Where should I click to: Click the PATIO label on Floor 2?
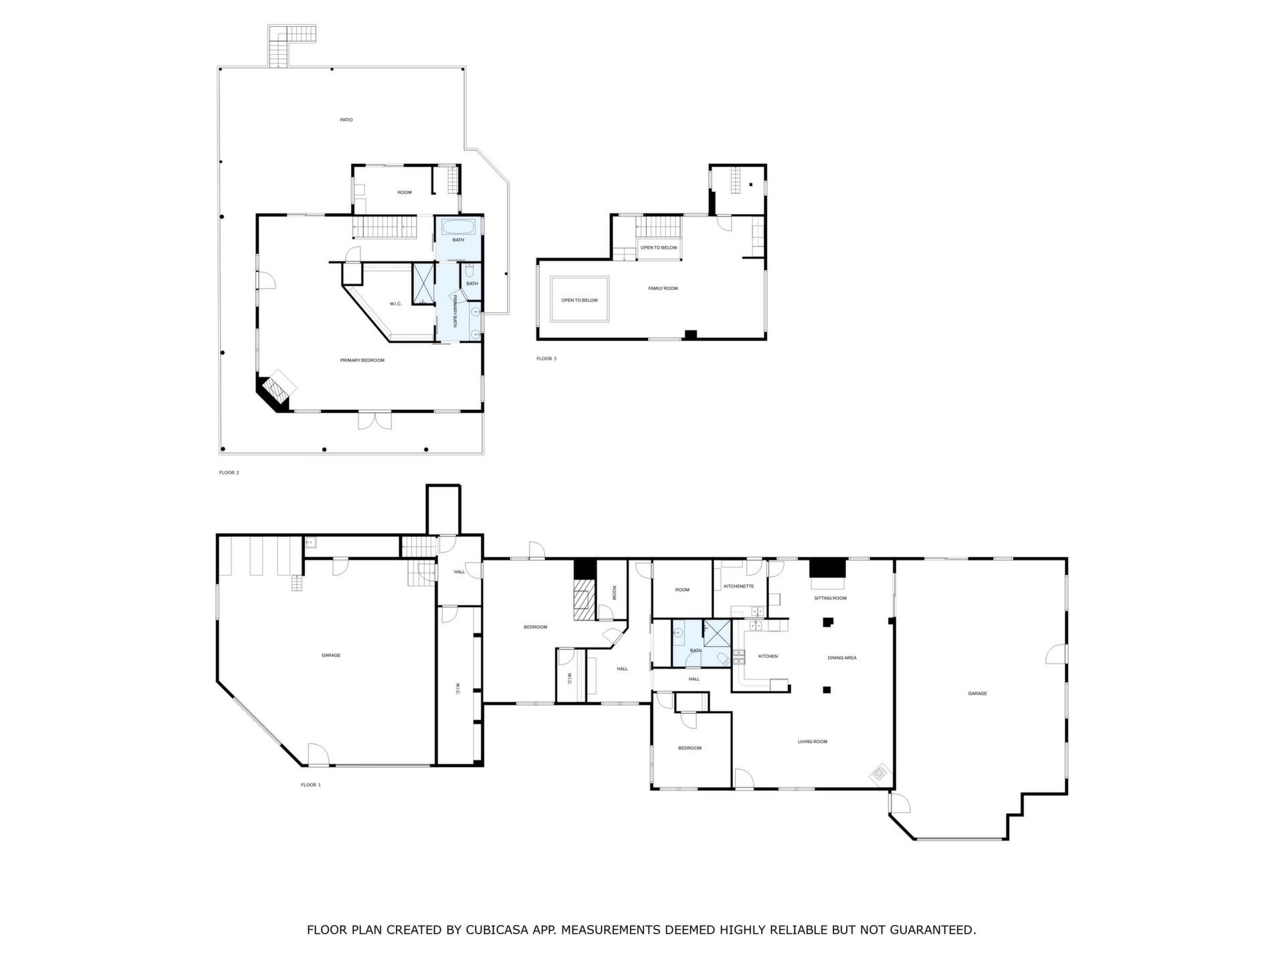[x=346, y=120]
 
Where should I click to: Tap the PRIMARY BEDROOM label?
[x=362, y=360]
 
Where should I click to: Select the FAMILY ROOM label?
[x=663, y=288]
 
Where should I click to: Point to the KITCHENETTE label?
[x=738, y=586]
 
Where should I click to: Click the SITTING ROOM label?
[x=830, y=598]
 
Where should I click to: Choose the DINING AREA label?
[x=842, y=658]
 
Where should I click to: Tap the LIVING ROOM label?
[x=813, y=742]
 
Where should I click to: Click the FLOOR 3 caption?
[x=546, y=359]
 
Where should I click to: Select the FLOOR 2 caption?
[x=229, y=473]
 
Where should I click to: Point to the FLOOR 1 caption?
[x=310, y=785]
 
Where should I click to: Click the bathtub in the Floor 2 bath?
[x=458, y=226]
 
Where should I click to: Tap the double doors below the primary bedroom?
[x=374, y=420]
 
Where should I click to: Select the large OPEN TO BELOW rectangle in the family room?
[x=579, y=300]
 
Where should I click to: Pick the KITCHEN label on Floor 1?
[x=768, y=657]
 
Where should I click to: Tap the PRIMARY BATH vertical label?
[x=455, y=311]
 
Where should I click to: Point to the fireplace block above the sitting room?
[x=828, y=568]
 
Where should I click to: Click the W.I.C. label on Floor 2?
[x=395, y=304]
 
